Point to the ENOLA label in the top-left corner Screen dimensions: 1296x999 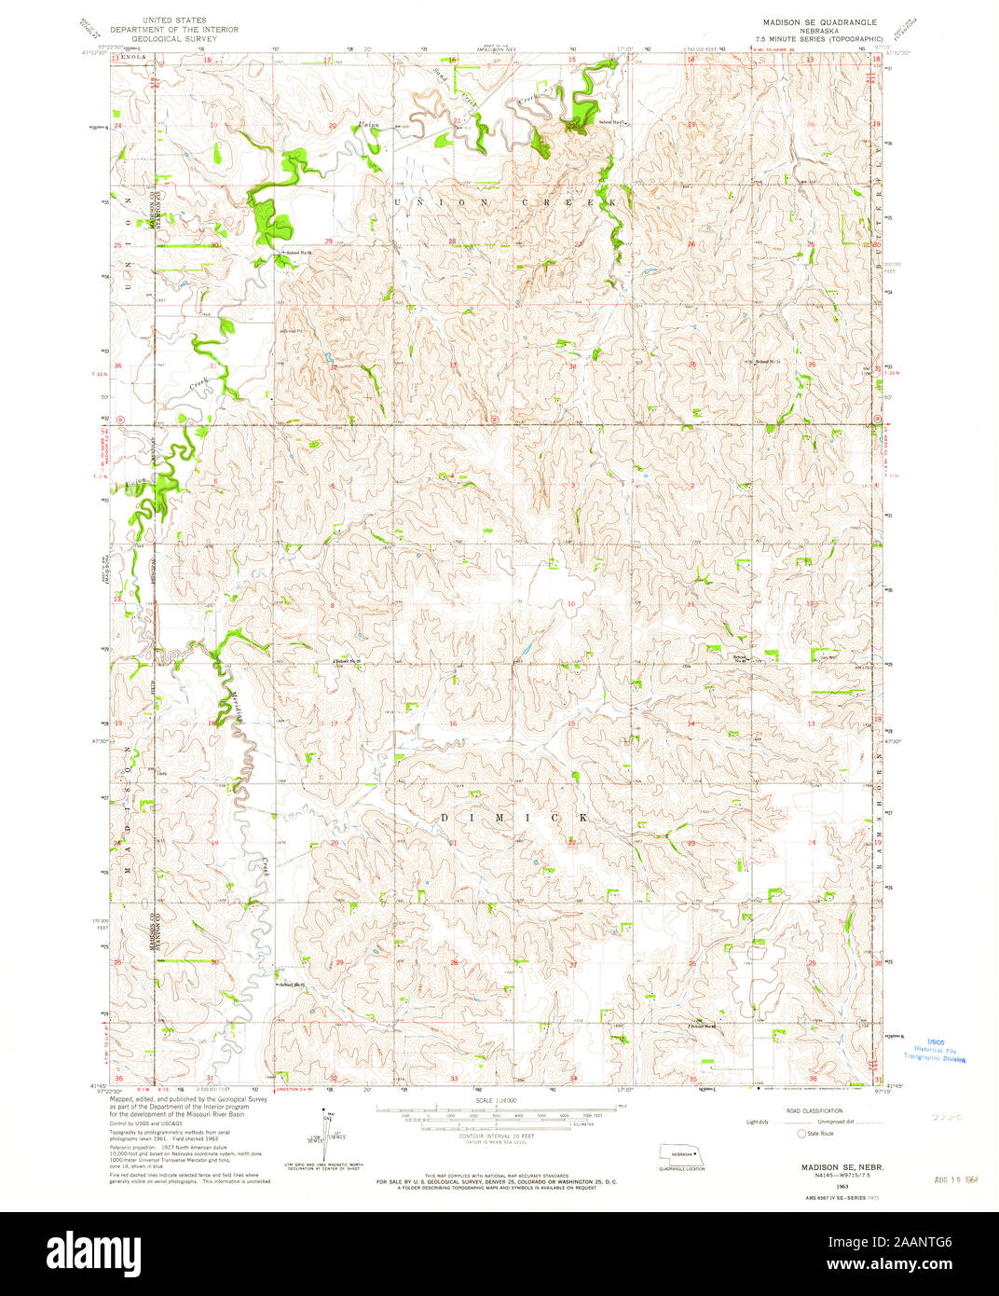coord(135,58)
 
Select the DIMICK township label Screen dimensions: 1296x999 coord(513,818)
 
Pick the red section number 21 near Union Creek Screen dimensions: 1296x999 coord(457,122)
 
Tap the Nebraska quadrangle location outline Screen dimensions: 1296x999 coord(682,1152)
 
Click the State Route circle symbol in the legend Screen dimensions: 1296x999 coord(800,1134)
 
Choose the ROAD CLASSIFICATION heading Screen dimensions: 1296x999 coord(814,1111)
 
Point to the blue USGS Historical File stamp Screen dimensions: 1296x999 coord(935,1050)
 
